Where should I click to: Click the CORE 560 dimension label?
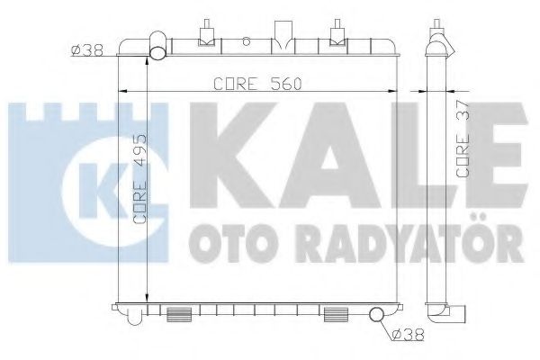tap(256, 84)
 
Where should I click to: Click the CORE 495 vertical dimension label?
tap(139, 185)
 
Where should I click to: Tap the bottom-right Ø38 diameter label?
tap(408, 337)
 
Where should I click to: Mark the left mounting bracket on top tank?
tap(206, 32)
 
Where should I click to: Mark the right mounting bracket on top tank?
tap(338, 32)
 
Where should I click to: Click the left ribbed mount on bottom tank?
tap(178, 314)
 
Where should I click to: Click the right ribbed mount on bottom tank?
tap(337, 314)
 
